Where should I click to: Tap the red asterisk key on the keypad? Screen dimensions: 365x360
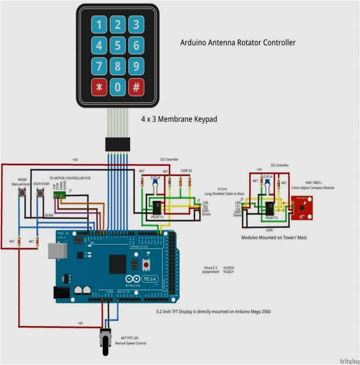coord(99,87)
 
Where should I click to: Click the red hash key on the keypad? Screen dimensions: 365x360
coord(136,87)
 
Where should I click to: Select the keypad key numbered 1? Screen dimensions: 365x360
coord(99,25)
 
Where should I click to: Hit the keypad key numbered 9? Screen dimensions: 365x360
coord(136,66)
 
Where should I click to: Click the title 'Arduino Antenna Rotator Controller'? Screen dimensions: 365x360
coord(238,43)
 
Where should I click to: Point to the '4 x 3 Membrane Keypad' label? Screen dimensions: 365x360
coord(179,119)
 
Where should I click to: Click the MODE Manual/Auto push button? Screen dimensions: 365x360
coord(20,193)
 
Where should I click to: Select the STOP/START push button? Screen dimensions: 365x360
coord(40,193)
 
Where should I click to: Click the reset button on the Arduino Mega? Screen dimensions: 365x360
coord(145,265)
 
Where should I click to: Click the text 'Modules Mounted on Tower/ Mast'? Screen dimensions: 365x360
coord(274,237)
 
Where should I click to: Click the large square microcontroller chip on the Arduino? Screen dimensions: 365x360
coord(117,264)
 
